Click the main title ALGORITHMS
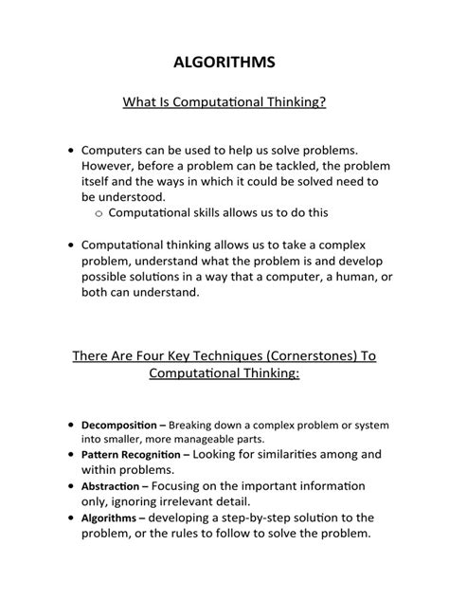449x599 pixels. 224,63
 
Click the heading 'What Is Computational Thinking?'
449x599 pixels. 224,100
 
